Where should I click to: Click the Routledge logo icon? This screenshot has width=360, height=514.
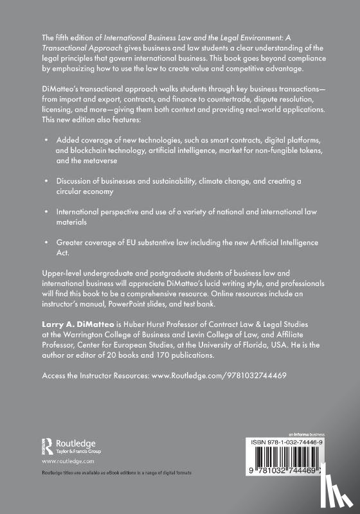tap(47, 445)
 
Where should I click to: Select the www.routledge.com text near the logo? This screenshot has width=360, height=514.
tap(67, 461)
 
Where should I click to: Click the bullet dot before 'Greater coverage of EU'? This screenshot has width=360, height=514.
tap(46, 242)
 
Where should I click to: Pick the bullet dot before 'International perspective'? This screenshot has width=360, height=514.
tap(46, 211)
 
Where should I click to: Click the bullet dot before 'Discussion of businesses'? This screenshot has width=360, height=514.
tap(46, 181)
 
